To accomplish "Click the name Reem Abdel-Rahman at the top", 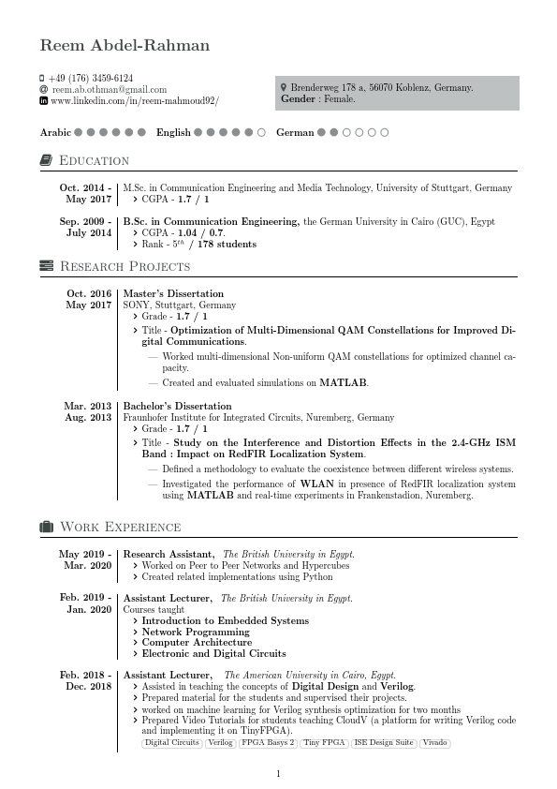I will click(x=125, y=46).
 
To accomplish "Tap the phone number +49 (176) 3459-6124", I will click(x=91, y=78).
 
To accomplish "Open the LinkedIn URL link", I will click(x=135, y=100).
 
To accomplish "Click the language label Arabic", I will click(x=55, y=133).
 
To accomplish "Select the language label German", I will click(x=295, y=133).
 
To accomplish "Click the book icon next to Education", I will click(x=46, y=161).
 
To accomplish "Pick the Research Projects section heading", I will click(x=125, y=266).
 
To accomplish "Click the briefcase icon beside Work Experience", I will click(x=46, y=527).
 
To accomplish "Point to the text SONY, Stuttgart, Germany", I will click(x=180, y=305).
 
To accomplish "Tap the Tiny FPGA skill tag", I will click(x=323, y=743).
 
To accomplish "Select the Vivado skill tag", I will click(x=434, y=743).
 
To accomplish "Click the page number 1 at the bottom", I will click(x=278, y=773).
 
